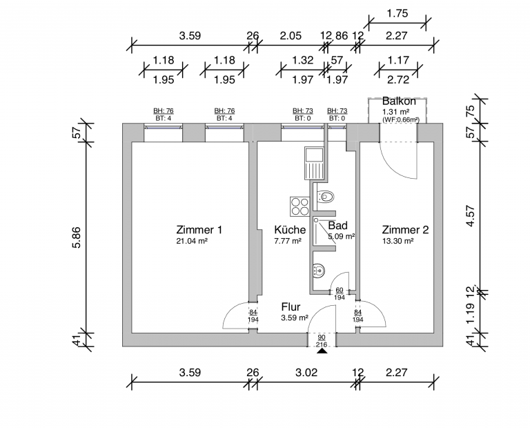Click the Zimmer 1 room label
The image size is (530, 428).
199,230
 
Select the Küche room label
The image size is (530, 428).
289,230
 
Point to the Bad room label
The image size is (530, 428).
337,226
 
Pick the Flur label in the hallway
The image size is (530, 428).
291,307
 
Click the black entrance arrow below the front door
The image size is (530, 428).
322,351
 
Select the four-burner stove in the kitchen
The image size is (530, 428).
300,205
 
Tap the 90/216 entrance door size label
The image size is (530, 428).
322,340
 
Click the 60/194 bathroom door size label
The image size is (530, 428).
340,294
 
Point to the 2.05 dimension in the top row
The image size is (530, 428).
289,36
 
